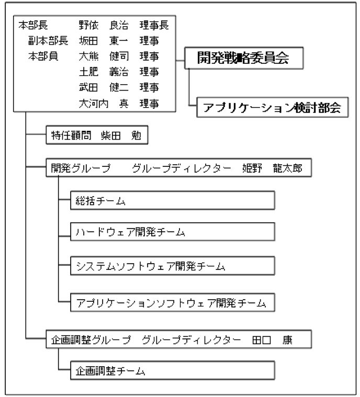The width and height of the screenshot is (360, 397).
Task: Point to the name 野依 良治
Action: pos(104,25)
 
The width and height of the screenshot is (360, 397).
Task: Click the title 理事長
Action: pos(154,25)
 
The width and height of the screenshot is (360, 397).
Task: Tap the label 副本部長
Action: pos(48,40)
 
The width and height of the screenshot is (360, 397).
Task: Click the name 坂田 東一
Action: pos(104,40)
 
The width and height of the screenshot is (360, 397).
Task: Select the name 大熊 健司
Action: pos(104,56)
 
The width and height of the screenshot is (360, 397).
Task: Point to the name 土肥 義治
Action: pos(104,72)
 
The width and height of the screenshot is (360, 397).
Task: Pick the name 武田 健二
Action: pos(104,87)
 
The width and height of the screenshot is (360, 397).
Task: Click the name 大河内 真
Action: pos(104,103)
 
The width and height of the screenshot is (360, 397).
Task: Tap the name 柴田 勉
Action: pos(121,135)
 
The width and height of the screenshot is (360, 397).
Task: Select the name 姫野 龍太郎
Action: pos(272,168)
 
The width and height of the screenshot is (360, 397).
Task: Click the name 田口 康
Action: pos(272,339)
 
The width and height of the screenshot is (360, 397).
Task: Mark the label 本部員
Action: pos(43,56)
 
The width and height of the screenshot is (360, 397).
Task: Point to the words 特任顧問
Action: pos(71,135)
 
